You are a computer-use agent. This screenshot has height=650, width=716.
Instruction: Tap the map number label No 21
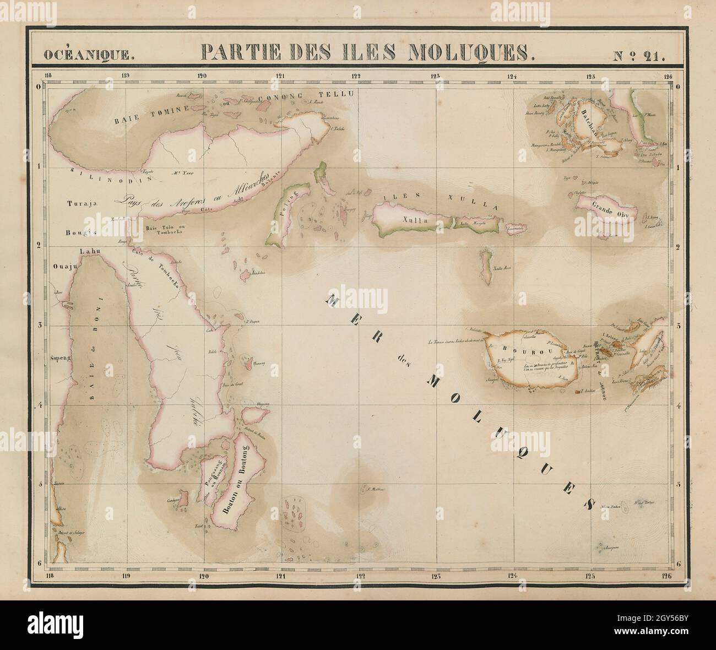click(x=638, y=53)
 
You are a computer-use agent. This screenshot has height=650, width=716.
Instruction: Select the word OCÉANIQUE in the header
click(x=88, y=54)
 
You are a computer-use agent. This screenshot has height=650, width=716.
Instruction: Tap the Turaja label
click(x=82, y=203)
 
